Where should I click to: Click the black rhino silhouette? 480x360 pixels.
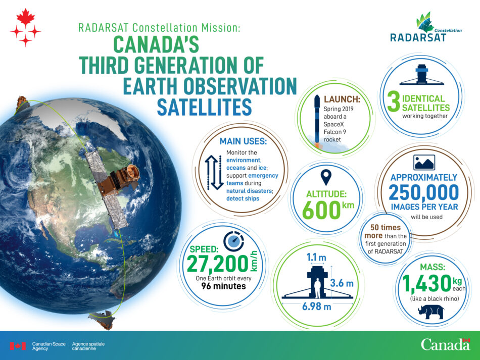click(430, 312)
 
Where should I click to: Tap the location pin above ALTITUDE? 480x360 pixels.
click(326, 177)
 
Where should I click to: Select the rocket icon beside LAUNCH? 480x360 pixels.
click(317, 121)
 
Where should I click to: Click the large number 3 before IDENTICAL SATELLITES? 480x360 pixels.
click(394, 102)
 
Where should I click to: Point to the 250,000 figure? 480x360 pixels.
click(424, 192)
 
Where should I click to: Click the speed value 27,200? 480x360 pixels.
click(217, 264)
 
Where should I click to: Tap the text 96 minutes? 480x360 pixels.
click(223, 286)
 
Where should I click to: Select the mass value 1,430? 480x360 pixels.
click(427, 284)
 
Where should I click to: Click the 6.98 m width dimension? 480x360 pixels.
click(316, 306)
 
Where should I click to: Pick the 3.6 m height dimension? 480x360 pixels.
click(342, 283)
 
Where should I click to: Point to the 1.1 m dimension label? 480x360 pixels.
click(316, 257)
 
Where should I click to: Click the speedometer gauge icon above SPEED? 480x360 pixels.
click(233, 241)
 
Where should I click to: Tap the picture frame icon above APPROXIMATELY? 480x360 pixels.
click(424, 163)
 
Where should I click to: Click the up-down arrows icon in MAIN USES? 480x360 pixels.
click(214, 172)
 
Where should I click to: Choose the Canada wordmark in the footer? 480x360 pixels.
click(445, 344)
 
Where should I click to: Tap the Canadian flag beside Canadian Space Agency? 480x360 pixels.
click(18, 346)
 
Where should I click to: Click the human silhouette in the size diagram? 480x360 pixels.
click(317, 288)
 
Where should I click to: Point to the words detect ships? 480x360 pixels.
click(243, 198)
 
